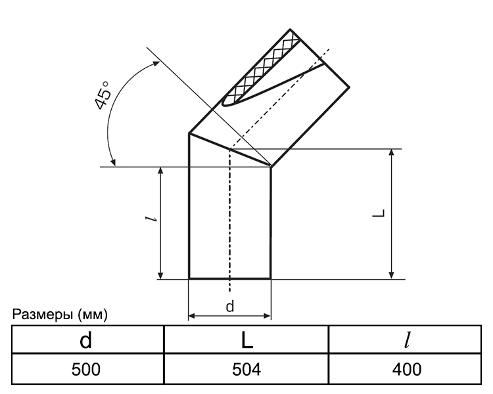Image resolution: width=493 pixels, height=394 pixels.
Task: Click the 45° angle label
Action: point(103,95)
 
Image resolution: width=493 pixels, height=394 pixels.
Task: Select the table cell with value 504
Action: point(246,369)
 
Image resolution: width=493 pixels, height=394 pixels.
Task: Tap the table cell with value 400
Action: point(405,369)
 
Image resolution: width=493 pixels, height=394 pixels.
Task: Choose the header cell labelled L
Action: point(246,339)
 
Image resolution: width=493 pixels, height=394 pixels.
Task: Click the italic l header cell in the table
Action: point(405,339)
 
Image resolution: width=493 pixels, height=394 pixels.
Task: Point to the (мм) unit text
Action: point(92,315)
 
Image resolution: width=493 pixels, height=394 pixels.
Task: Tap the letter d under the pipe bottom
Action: point(230,306)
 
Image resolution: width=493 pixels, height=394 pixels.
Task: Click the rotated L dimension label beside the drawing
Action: point(378,213)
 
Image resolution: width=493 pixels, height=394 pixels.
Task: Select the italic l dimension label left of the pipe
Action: point(151,219)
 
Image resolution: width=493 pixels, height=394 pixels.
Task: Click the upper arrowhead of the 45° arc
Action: point(156,64)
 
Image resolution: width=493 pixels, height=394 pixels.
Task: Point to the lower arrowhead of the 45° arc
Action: point(113,162)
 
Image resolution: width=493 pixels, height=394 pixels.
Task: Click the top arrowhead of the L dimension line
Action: point(391,153)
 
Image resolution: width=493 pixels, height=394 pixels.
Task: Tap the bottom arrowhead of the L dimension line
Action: point(391,274)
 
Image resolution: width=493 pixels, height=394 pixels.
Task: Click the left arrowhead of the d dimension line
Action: point(192,316)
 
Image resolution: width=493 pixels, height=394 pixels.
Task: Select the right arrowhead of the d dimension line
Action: point(267,316)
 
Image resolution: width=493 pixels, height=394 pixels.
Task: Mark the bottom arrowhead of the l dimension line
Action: point(160,274)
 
